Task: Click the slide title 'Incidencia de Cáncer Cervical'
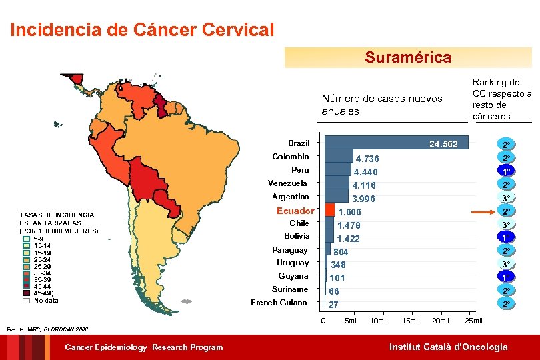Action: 142,30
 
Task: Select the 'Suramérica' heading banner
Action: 407,57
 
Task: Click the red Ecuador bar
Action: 329,210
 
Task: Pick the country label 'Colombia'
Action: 290,157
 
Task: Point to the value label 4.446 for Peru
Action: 366,172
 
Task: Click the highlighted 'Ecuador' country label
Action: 295,211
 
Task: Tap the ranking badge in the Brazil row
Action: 507,145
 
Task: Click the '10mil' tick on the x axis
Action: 378,321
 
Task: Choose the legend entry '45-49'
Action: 47,293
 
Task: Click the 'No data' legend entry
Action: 45,300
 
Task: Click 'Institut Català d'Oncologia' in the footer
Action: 448,347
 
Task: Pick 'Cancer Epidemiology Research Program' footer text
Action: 143,347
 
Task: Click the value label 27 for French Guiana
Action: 334,305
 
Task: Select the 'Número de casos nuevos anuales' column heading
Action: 381,105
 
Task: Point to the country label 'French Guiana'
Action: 279,303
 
